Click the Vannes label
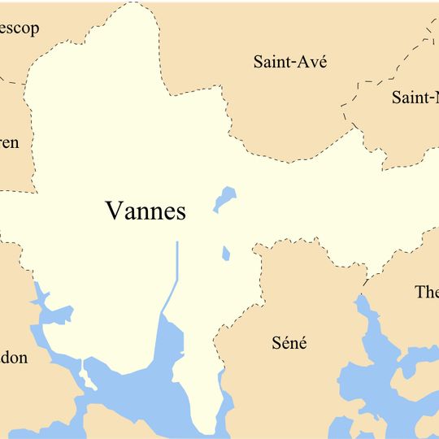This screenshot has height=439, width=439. click(x=146, y=211)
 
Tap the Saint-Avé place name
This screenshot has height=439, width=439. click(x=290, y=62)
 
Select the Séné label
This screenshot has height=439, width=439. click(x=289, y=342)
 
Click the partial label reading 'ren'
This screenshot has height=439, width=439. click(x=9, y=143)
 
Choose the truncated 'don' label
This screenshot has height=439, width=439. click(x=14, y=358)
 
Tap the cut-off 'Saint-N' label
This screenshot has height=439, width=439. click(x=415, y=98)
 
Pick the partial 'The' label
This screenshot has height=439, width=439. click(x=426, y=292)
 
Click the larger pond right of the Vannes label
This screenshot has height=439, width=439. click(x=224, y=198)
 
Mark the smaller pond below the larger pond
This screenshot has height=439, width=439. click(x=226, y=254)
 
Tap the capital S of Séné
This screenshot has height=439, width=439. click(x=276, y=342)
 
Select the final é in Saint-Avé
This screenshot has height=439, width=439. click(x=321, y=62)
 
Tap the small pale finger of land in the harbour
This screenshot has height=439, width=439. click(x=84, y=373)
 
